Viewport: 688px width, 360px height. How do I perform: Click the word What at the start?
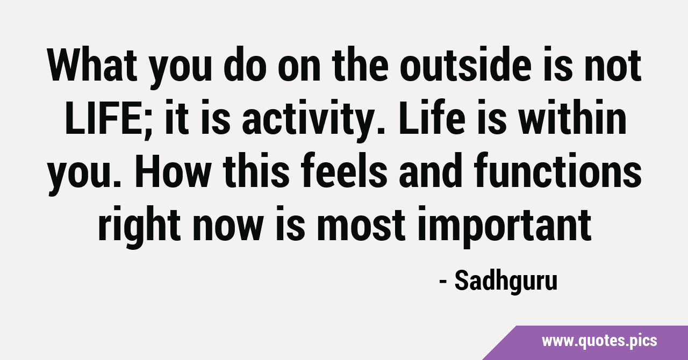pos(92,65)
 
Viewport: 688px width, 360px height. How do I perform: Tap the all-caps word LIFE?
pos(102,117)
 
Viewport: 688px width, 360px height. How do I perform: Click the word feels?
pos(343,170)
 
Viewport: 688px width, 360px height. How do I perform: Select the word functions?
pos(558,170)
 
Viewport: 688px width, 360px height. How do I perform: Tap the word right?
pos(139,227)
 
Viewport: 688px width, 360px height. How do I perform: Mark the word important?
pos(504,227)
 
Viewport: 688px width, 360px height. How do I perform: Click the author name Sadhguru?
pos(506,281)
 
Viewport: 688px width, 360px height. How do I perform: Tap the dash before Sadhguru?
pos(442,282)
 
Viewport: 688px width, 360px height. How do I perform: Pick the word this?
pos(255,170)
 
